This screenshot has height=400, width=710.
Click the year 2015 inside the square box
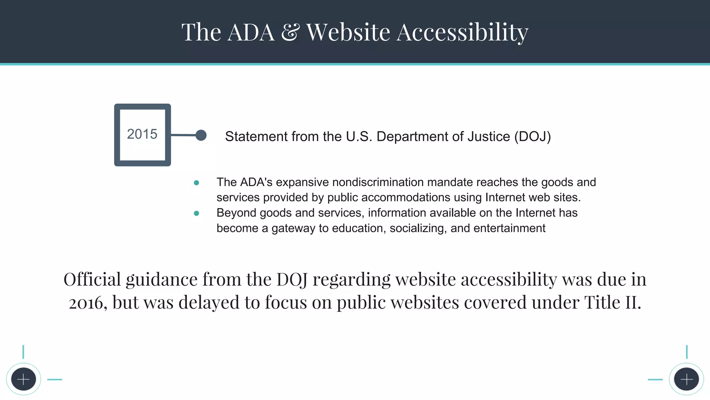pyautogui.click(x=142, y=134)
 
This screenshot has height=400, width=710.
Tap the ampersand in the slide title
pyautogui.click(x=290, y=32)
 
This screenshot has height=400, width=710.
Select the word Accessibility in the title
pyautogui.click(x=462, y=32)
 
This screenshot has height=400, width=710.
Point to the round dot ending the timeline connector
pyautogui.click(x=201, y=135)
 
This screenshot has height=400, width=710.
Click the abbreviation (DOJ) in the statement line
pyautogui.click(x=532, y=136)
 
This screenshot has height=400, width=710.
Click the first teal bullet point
pyautogui.click(x=197, y=183)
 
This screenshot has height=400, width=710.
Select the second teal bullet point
pyautogui.click(x=197, y=213)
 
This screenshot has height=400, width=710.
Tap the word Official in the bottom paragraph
pyautogui.click(x=92, y=279)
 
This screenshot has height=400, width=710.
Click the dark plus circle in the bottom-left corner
pyautogui.click(x=24, y=379)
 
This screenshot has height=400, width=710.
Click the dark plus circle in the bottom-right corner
pyautogui.click(x=686, y=379)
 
